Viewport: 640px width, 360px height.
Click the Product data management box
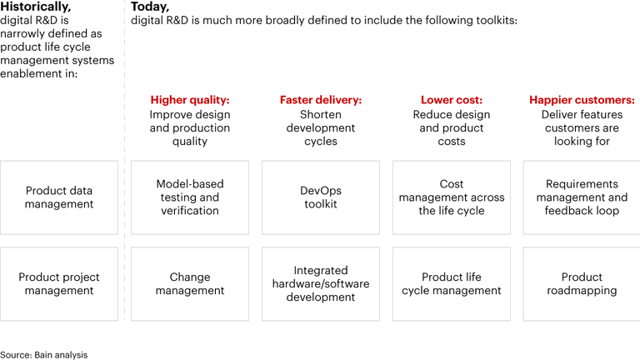coord(59,197)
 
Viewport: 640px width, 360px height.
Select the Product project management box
coord(59,284)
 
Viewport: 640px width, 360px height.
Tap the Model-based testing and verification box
coord(190,197)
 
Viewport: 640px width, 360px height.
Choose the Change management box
coord(190,284)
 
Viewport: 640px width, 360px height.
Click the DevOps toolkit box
coord(321,197)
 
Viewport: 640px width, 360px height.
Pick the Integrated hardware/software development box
coord(321,284)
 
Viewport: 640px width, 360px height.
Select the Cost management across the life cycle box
coord(452,197)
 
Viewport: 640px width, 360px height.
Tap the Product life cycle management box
coord(452,284)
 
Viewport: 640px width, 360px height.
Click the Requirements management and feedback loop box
coord(582,197)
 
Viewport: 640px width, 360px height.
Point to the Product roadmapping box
coord(582,284)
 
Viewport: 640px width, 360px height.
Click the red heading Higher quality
coord(190,100)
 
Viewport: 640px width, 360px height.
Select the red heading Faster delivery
coord(321,100)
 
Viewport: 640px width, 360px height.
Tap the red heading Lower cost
coord(452,100)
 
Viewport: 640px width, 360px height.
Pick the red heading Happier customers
coord(582,100)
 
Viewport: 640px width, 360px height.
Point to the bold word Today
coord(150,7)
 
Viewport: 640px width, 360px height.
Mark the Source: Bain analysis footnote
coord(43,354)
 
